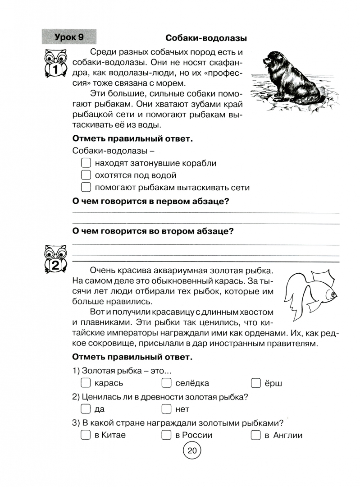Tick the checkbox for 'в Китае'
tap(86, 435)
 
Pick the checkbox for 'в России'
tap(166, 435)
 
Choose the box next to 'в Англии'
tap(256, 435)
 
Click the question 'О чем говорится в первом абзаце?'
tap(150, 202)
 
